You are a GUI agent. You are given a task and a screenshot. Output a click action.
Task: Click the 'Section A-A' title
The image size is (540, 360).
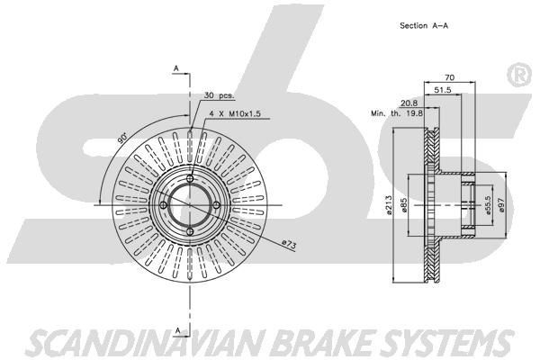tap(424, 25)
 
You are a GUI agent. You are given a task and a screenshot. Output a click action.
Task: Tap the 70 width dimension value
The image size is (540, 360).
tap(449, 77)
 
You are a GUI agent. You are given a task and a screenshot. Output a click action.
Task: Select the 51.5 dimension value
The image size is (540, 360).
tap(443, 90)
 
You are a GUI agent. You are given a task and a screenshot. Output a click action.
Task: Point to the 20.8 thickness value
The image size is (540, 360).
tap(409, 103)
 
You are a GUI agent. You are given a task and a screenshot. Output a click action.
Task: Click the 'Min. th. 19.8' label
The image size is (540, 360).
tap(397, 112)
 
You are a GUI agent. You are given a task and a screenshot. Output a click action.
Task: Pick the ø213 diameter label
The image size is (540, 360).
tap(389, 205)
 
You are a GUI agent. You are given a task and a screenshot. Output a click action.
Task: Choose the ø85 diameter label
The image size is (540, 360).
tap(404, 205)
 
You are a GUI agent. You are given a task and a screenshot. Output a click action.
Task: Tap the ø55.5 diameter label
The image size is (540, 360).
tap(487, 205)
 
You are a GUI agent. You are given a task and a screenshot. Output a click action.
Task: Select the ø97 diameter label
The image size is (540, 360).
tap(501, 205)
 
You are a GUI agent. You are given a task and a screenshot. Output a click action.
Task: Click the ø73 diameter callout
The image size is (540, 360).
tap(289, 244)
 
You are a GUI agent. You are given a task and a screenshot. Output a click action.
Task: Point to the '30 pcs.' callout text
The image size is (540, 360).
tap(219, 95)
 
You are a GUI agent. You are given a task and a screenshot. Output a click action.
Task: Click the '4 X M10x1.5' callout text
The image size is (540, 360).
tap(235, 113)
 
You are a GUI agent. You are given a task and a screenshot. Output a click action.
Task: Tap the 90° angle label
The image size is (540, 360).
tap(121, 138)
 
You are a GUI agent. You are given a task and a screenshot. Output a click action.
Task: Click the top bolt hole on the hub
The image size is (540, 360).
tap(190, 178)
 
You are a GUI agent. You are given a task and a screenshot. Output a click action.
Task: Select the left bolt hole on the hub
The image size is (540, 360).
tap(164, 205)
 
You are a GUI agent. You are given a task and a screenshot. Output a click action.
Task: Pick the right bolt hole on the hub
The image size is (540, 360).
tap(216, 205)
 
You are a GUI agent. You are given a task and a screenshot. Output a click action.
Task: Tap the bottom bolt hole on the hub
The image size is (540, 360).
tap(190, 231)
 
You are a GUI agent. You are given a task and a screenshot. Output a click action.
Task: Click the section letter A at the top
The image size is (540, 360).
tap(176, 68)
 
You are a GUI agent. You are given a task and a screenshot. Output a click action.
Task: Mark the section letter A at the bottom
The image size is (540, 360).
tap(177, 330)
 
